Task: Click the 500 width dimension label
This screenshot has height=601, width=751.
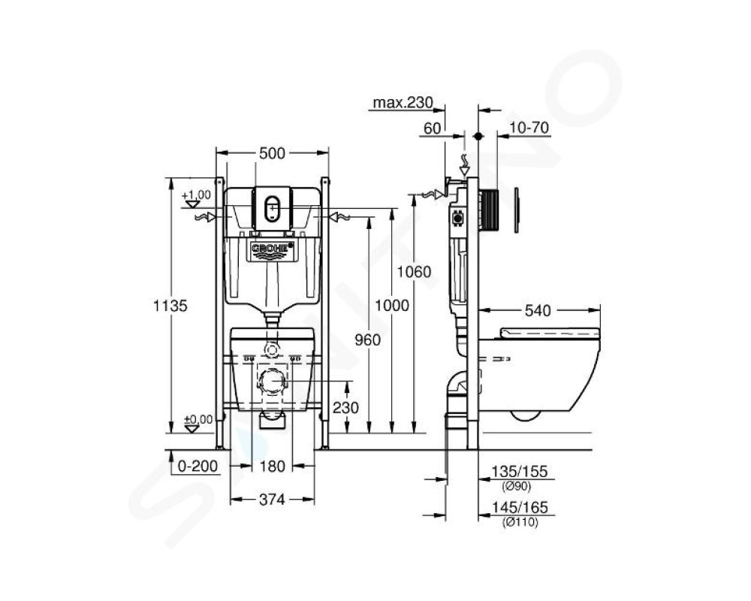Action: click(272, 153)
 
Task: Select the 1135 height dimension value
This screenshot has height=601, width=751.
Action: click(170, 305)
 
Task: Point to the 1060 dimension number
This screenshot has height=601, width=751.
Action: click(414, 272)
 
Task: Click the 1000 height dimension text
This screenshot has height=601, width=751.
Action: click(392, 305)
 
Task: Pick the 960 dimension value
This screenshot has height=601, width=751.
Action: click(367, 340)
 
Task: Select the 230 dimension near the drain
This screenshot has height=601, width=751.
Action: click(345, 407)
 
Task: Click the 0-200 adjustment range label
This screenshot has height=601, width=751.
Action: click(198, 466)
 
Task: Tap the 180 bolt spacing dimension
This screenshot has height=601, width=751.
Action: click(272, 466)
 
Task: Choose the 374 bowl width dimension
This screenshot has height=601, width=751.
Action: click(272, 500)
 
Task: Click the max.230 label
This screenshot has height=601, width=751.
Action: click(403, 103)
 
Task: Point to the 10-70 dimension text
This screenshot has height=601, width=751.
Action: click(529, 128)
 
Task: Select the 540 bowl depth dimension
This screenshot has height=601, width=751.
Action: click(538, 310)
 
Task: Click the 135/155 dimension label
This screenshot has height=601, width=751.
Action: click(520, 471)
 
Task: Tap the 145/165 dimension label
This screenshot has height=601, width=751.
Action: click(520, 507)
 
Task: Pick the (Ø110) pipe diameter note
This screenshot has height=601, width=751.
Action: click(520, 522)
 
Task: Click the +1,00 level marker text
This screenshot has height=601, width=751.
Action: click(196, 195)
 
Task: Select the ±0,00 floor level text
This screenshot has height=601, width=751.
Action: click(198, 420)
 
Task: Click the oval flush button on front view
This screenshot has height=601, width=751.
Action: click(272, 209)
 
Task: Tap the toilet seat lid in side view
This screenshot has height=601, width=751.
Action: click(550, 333)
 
